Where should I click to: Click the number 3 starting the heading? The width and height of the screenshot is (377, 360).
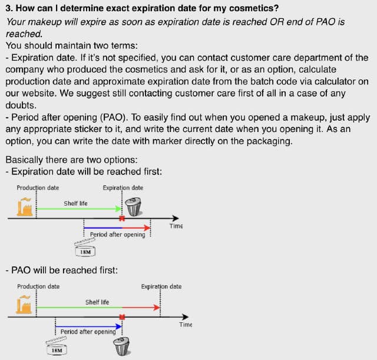click(8, 8)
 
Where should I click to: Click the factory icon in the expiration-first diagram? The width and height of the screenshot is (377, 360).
click(25, 207)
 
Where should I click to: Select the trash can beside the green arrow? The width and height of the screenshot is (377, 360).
click(134, 207)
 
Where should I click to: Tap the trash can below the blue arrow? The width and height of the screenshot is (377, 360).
click(122, 346)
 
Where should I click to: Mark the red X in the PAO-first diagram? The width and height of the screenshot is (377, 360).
click(122, 317)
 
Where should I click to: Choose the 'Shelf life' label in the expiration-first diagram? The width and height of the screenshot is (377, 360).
click(75, 203)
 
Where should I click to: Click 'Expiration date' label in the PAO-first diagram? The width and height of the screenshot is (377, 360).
click(161, 287)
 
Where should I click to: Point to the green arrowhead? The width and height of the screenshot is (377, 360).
click(118, 209)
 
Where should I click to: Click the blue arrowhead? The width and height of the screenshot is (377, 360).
click(119, 326)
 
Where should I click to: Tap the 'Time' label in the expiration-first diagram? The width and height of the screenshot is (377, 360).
click(176, 226)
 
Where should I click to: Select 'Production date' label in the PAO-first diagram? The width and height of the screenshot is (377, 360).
click(38, 287)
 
